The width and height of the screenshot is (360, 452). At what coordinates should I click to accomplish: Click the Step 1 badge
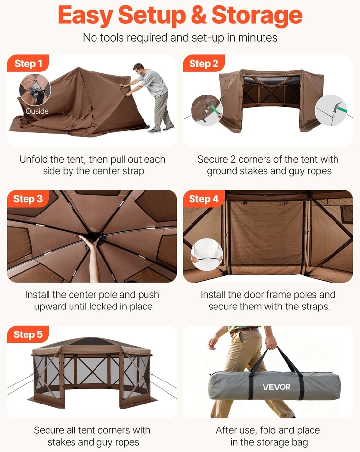point(28,63)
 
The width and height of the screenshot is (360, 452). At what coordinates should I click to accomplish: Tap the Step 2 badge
point(204,63)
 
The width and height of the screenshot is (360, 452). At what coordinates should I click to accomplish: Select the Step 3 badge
point(28,199)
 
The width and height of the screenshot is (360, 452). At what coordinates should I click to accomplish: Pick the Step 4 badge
point(204,199)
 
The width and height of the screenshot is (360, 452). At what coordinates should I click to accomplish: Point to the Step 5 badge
point(28,334)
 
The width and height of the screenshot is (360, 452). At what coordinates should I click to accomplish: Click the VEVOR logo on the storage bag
point(276,387)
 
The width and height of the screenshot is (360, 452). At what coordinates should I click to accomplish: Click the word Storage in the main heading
point(257,15)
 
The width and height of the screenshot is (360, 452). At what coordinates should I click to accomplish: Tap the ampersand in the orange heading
point(198,15)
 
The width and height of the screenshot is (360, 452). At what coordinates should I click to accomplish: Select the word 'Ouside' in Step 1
point(37,111)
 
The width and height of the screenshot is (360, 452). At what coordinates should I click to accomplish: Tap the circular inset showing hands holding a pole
point(207,255)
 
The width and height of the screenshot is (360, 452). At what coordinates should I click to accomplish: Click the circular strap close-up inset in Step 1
point(35,90)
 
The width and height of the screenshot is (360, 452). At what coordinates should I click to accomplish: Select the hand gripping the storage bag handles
point(271,343)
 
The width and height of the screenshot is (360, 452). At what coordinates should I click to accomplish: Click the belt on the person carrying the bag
point(245,330)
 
